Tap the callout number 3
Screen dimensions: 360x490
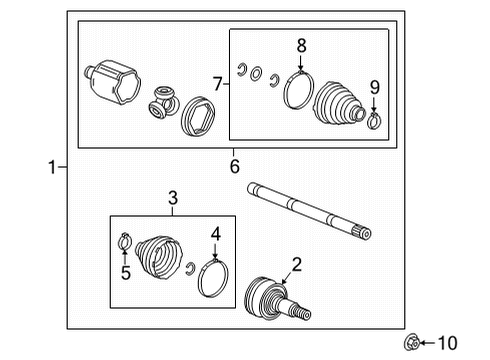pos(172,200)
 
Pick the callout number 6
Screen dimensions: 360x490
pos(235,166)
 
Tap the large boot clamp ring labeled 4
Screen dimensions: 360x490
pos(214,278)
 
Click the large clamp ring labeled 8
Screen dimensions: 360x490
pos(297,89)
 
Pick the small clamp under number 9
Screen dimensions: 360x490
pos(373,123)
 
